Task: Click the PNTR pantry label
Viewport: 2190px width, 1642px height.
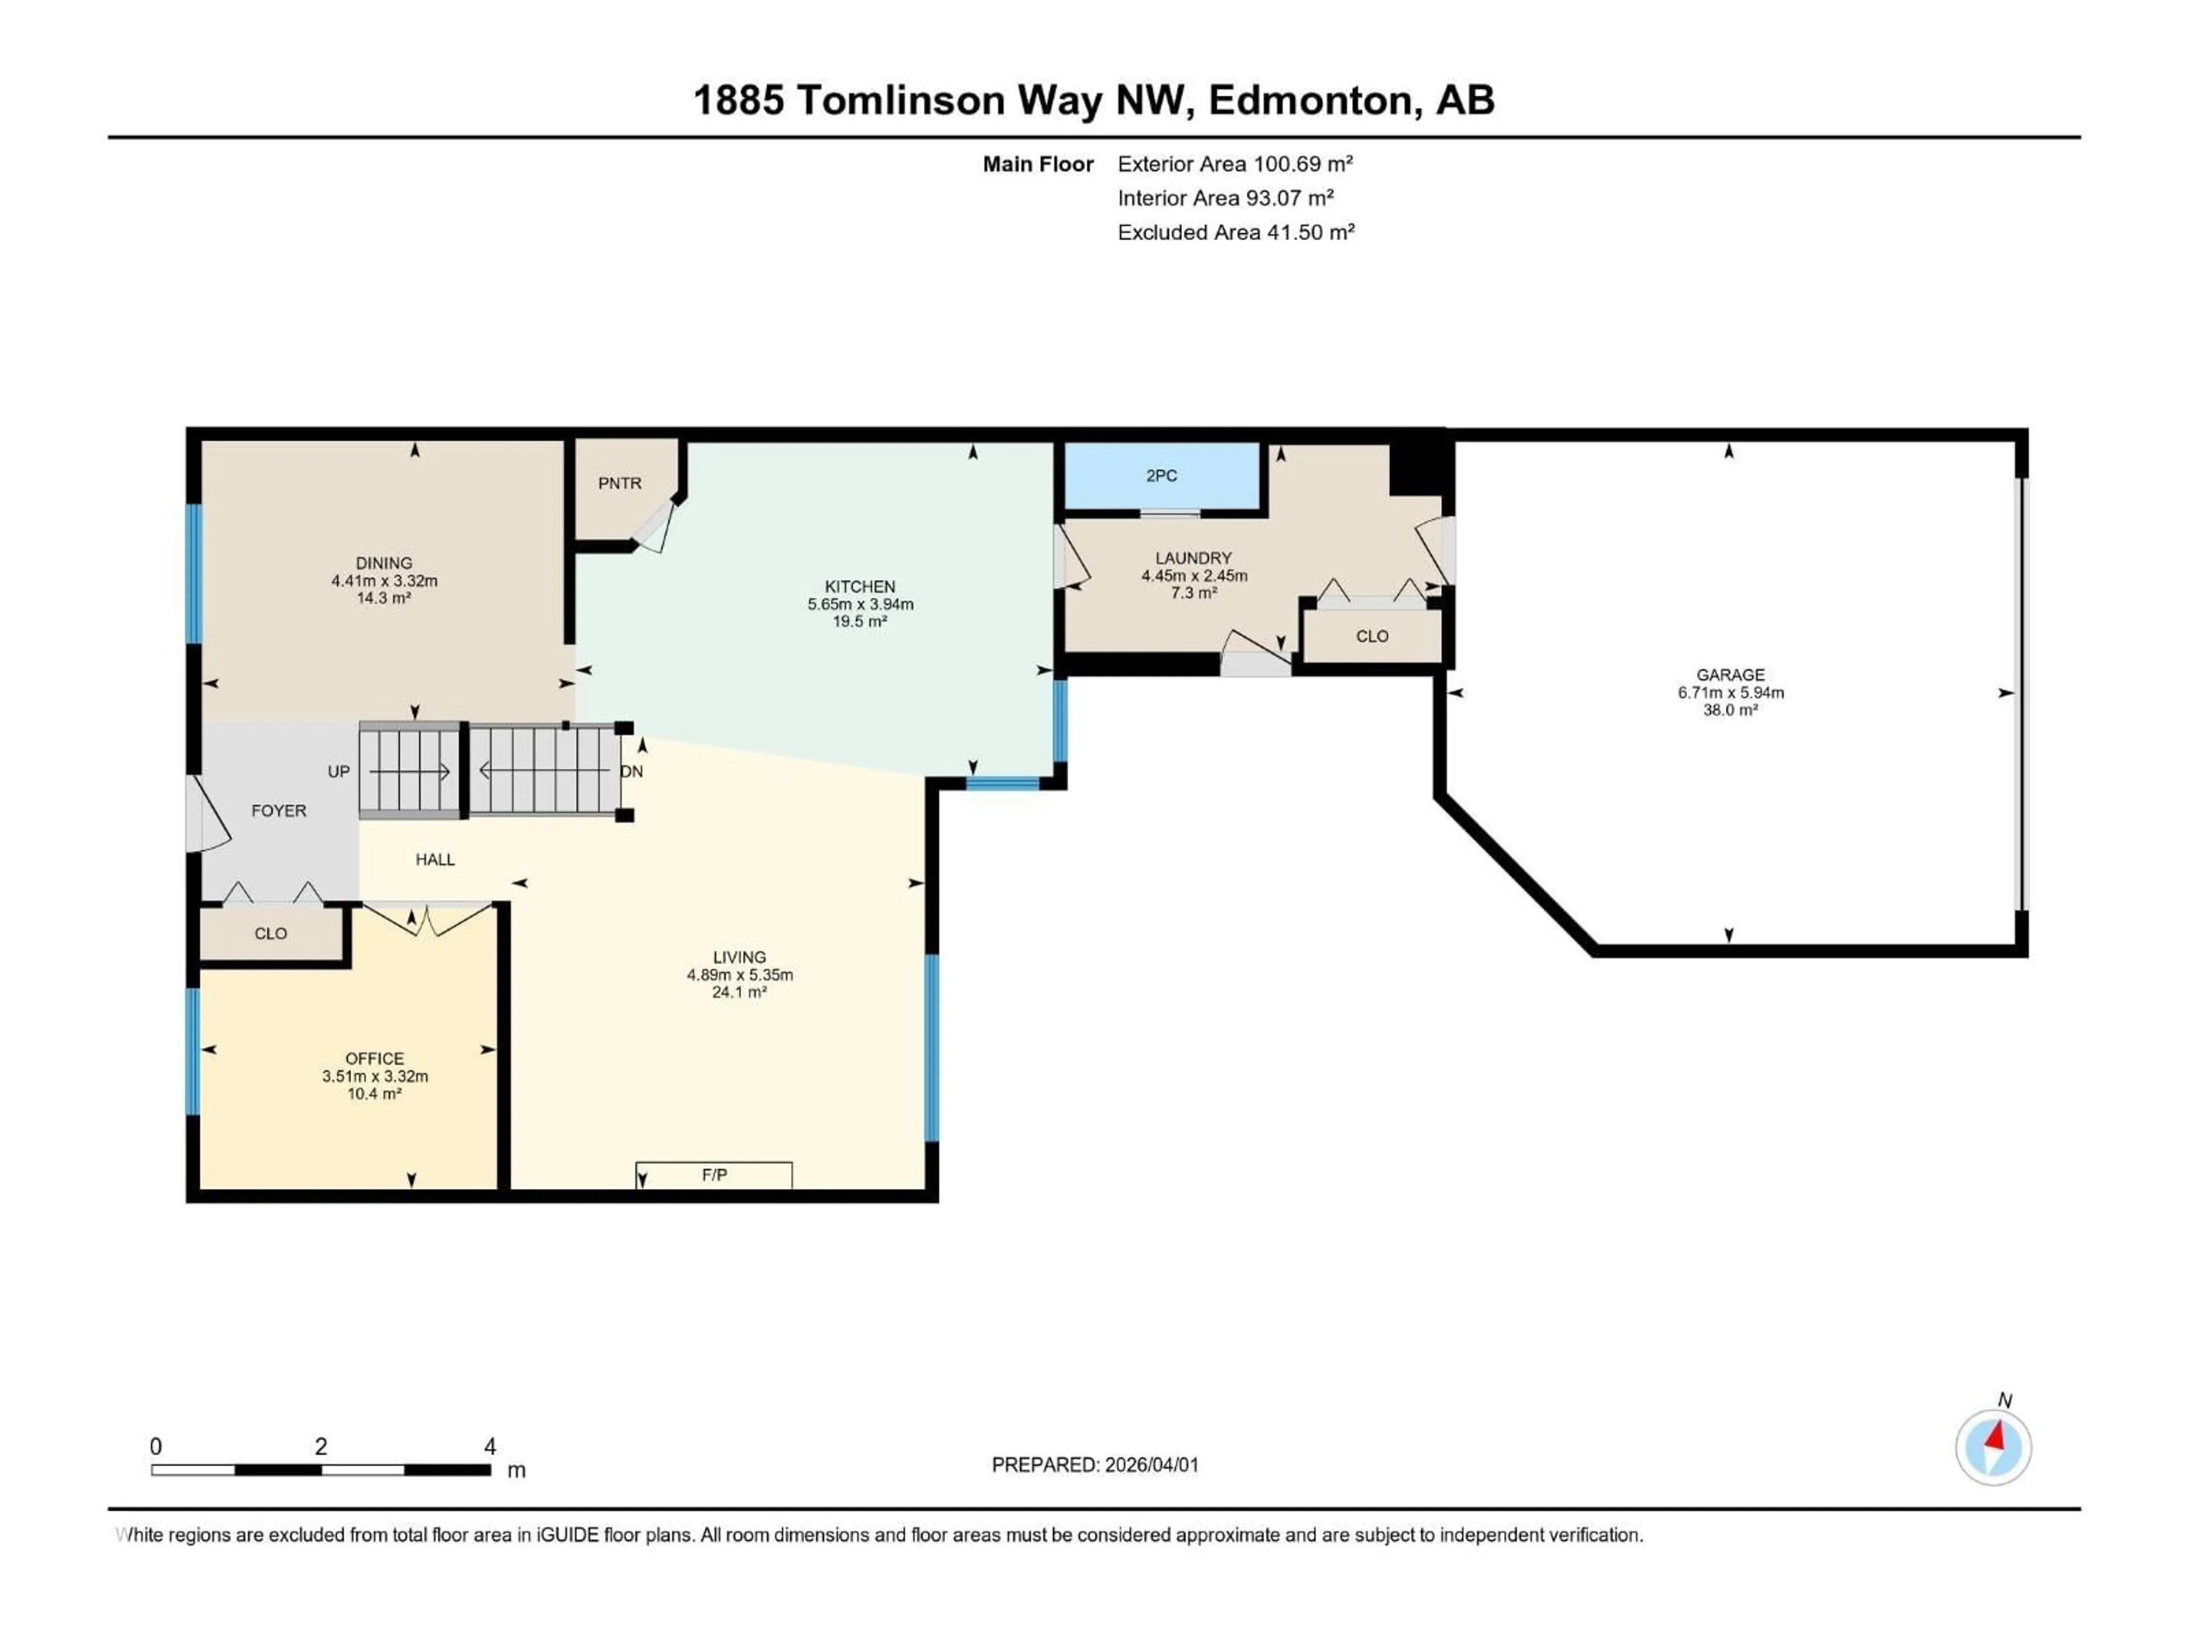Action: pyautogui.click(x=620, y=483)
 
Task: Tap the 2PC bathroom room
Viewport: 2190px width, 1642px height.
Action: pyautogui.click(x=1161, y=476)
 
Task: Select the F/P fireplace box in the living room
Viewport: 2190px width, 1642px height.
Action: pyautogui.click(x=714, y=1175)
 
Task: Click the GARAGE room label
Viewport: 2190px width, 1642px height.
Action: pyautogui.click(x=1730, y=675)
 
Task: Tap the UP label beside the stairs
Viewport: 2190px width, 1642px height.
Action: pyautogui.click(x=339, y=771)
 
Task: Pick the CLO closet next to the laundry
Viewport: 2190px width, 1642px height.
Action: pyautogui.click(x=1371, y=636)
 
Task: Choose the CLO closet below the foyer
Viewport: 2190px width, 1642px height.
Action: pyautogui.click(x=270, y=933)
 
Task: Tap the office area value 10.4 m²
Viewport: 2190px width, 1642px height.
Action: pyautogui.click(x=374, y=1094)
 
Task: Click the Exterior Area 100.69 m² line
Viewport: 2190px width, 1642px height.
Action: pyautogui.click(x=1235, y=164)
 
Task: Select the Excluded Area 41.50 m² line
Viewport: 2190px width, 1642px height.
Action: pyautogui.click(x=1236, y=233)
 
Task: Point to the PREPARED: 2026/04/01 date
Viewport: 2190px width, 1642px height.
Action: pyautogui.click(x=1095, y=1465)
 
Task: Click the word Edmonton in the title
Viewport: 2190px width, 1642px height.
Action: pyautogui.click(x=1310, y=100)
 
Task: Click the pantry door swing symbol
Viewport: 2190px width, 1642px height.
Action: pyautogui.click(x=654, y=525)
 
